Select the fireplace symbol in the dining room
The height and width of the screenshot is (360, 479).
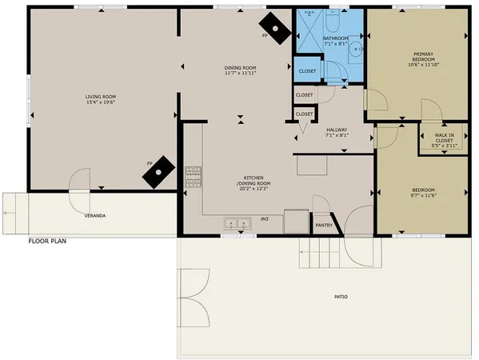pos(277,30)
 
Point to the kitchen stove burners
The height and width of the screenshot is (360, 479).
pos(193,177)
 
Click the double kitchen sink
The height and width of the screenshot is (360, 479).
pos(236,223)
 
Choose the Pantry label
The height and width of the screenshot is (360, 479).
pos(322,225)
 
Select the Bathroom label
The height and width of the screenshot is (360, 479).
pos(334,38)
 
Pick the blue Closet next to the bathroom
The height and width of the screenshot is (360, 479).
pos(308,71)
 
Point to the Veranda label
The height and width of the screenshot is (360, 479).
pos(95,215)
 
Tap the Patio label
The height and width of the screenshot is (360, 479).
pos(341,297)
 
